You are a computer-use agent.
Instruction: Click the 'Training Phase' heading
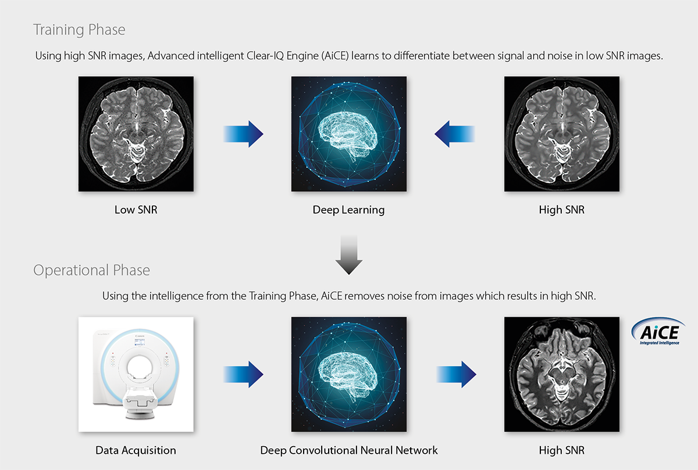79,30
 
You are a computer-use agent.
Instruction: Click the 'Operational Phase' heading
91,270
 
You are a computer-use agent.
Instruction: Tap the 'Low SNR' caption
136,210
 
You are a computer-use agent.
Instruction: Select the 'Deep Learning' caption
348,210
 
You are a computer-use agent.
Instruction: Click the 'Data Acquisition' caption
136,451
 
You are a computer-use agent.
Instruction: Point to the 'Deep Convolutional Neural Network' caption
348,451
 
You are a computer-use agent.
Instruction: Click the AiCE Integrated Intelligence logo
658,332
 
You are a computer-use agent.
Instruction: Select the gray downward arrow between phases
348,255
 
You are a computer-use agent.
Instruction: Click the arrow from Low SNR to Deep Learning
243,134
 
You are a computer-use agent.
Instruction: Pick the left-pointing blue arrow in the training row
454,134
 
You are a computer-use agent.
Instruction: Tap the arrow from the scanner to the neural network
243,375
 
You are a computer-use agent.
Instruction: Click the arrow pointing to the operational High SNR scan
457,375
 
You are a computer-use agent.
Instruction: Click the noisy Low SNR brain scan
136,134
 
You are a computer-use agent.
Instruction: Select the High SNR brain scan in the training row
562,134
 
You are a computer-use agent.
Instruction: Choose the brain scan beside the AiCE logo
562,375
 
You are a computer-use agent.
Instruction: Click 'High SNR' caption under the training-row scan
562,210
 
